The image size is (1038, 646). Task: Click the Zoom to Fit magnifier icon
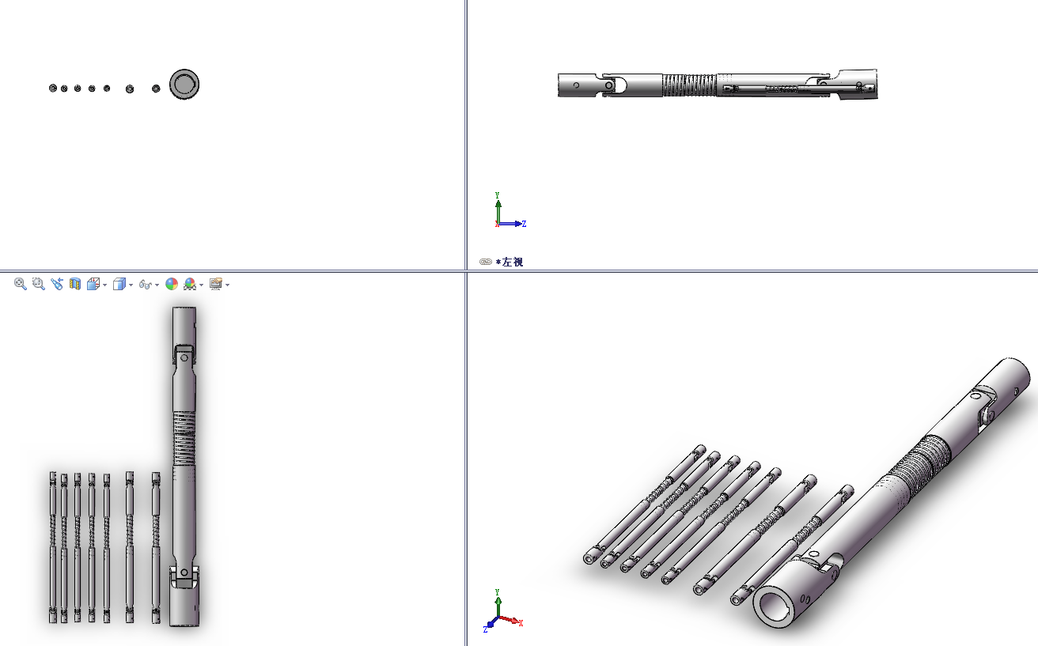tap(20, 284)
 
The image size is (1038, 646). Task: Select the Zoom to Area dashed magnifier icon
tap(39, 284)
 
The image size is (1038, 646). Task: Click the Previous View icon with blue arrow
tap(57, 284)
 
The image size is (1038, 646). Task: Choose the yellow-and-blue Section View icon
tap(75, 284)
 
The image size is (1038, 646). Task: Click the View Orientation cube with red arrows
tap(93, 284)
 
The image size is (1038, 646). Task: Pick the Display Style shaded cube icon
tap(119, 284)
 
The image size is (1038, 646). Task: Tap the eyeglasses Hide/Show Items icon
tap(146, 285)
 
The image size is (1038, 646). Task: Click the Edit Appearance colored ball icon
tap(172, 284)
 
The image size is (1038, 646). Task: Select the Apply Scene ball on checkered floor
tap(190, 284)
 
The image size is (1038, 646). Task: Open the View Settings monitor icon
tap(216, 284)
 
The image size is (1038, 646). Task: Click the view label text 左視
tap(513, 262)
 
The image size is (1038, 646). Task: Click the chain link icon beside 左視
tap(486, 262)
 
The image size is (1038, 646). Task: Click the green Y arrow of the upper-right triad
tap(498, 210)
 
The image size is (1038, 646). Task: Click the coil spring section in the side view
tap(690, 85)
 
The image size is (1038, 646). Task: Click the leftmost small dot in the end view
tap(53, 88)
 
